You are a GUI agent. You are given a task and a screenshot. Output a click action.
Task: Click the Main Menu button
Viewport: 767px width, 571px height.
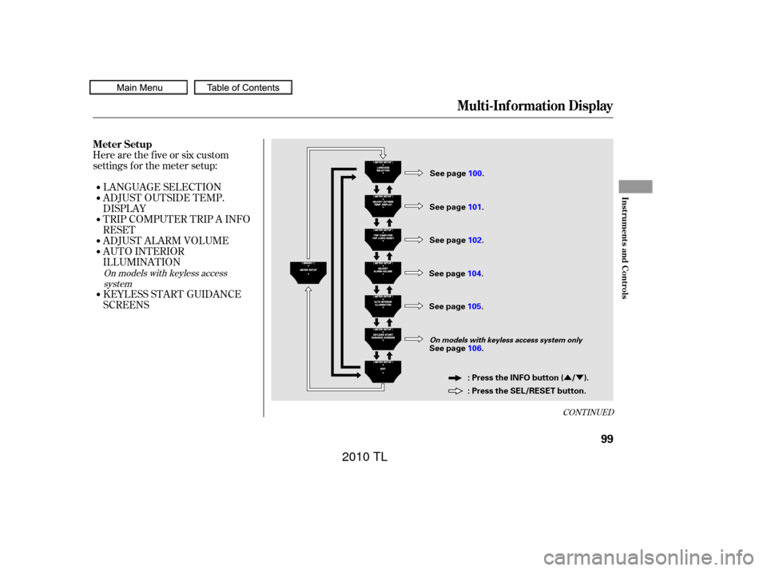139,87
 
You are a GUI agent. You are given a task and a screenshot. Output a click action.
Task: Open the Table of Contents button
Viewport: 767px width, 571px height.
243,87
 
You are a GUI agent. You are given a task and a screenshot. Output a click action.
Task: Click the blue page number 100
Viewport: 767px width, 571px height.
475,174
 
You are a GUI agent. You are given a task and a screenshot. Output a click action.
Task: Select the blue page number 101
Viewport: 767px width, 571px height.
475,207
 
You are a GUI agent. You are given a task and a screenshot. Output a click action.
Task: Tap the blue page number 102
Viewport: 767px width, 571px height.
475,240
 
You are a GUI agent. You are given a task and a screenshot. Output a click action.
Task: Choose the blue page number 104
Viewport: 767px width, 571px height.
475,274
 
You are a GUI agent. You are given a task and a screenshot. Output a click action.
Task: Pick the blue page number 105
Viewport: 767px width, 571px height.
475,306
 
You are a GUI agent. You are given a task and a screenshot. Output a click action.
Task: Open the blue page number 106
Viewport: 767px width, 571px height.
475,348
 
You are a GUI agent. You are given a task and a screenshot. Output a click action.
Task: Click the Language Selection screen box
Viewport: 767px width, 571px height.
383,171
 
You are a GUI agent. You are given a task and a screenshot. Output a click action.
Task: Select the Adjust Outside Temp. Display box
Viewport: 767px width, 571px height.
383,205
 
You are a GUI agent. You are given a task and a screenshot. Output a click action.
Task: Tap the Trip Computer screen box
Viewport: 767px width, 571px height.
383,238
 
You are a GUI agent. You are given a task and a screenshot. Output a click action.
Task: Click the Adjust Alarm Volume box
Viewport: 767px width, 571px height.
383,272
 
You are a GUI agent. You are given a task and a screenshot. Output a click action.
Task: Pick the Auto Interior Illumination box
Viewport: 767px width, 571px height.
383,305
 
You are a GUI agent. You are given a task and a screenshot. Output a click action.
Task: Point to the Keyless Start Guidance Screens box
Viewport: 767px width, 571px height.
383,339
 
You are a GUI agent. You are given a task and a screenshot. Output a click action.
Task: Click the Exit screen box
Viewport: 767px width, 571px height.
383,371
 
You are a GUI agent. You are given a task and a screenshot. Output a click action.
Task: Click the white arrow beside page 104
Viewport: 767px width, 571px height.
413,273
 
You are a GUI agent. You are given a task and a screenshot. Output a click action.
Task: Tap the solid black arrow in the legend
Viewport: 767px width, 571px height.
455,377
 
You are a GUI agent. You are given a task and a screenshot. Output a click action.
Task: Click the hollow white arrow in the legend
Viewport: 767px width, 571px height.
455,391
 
